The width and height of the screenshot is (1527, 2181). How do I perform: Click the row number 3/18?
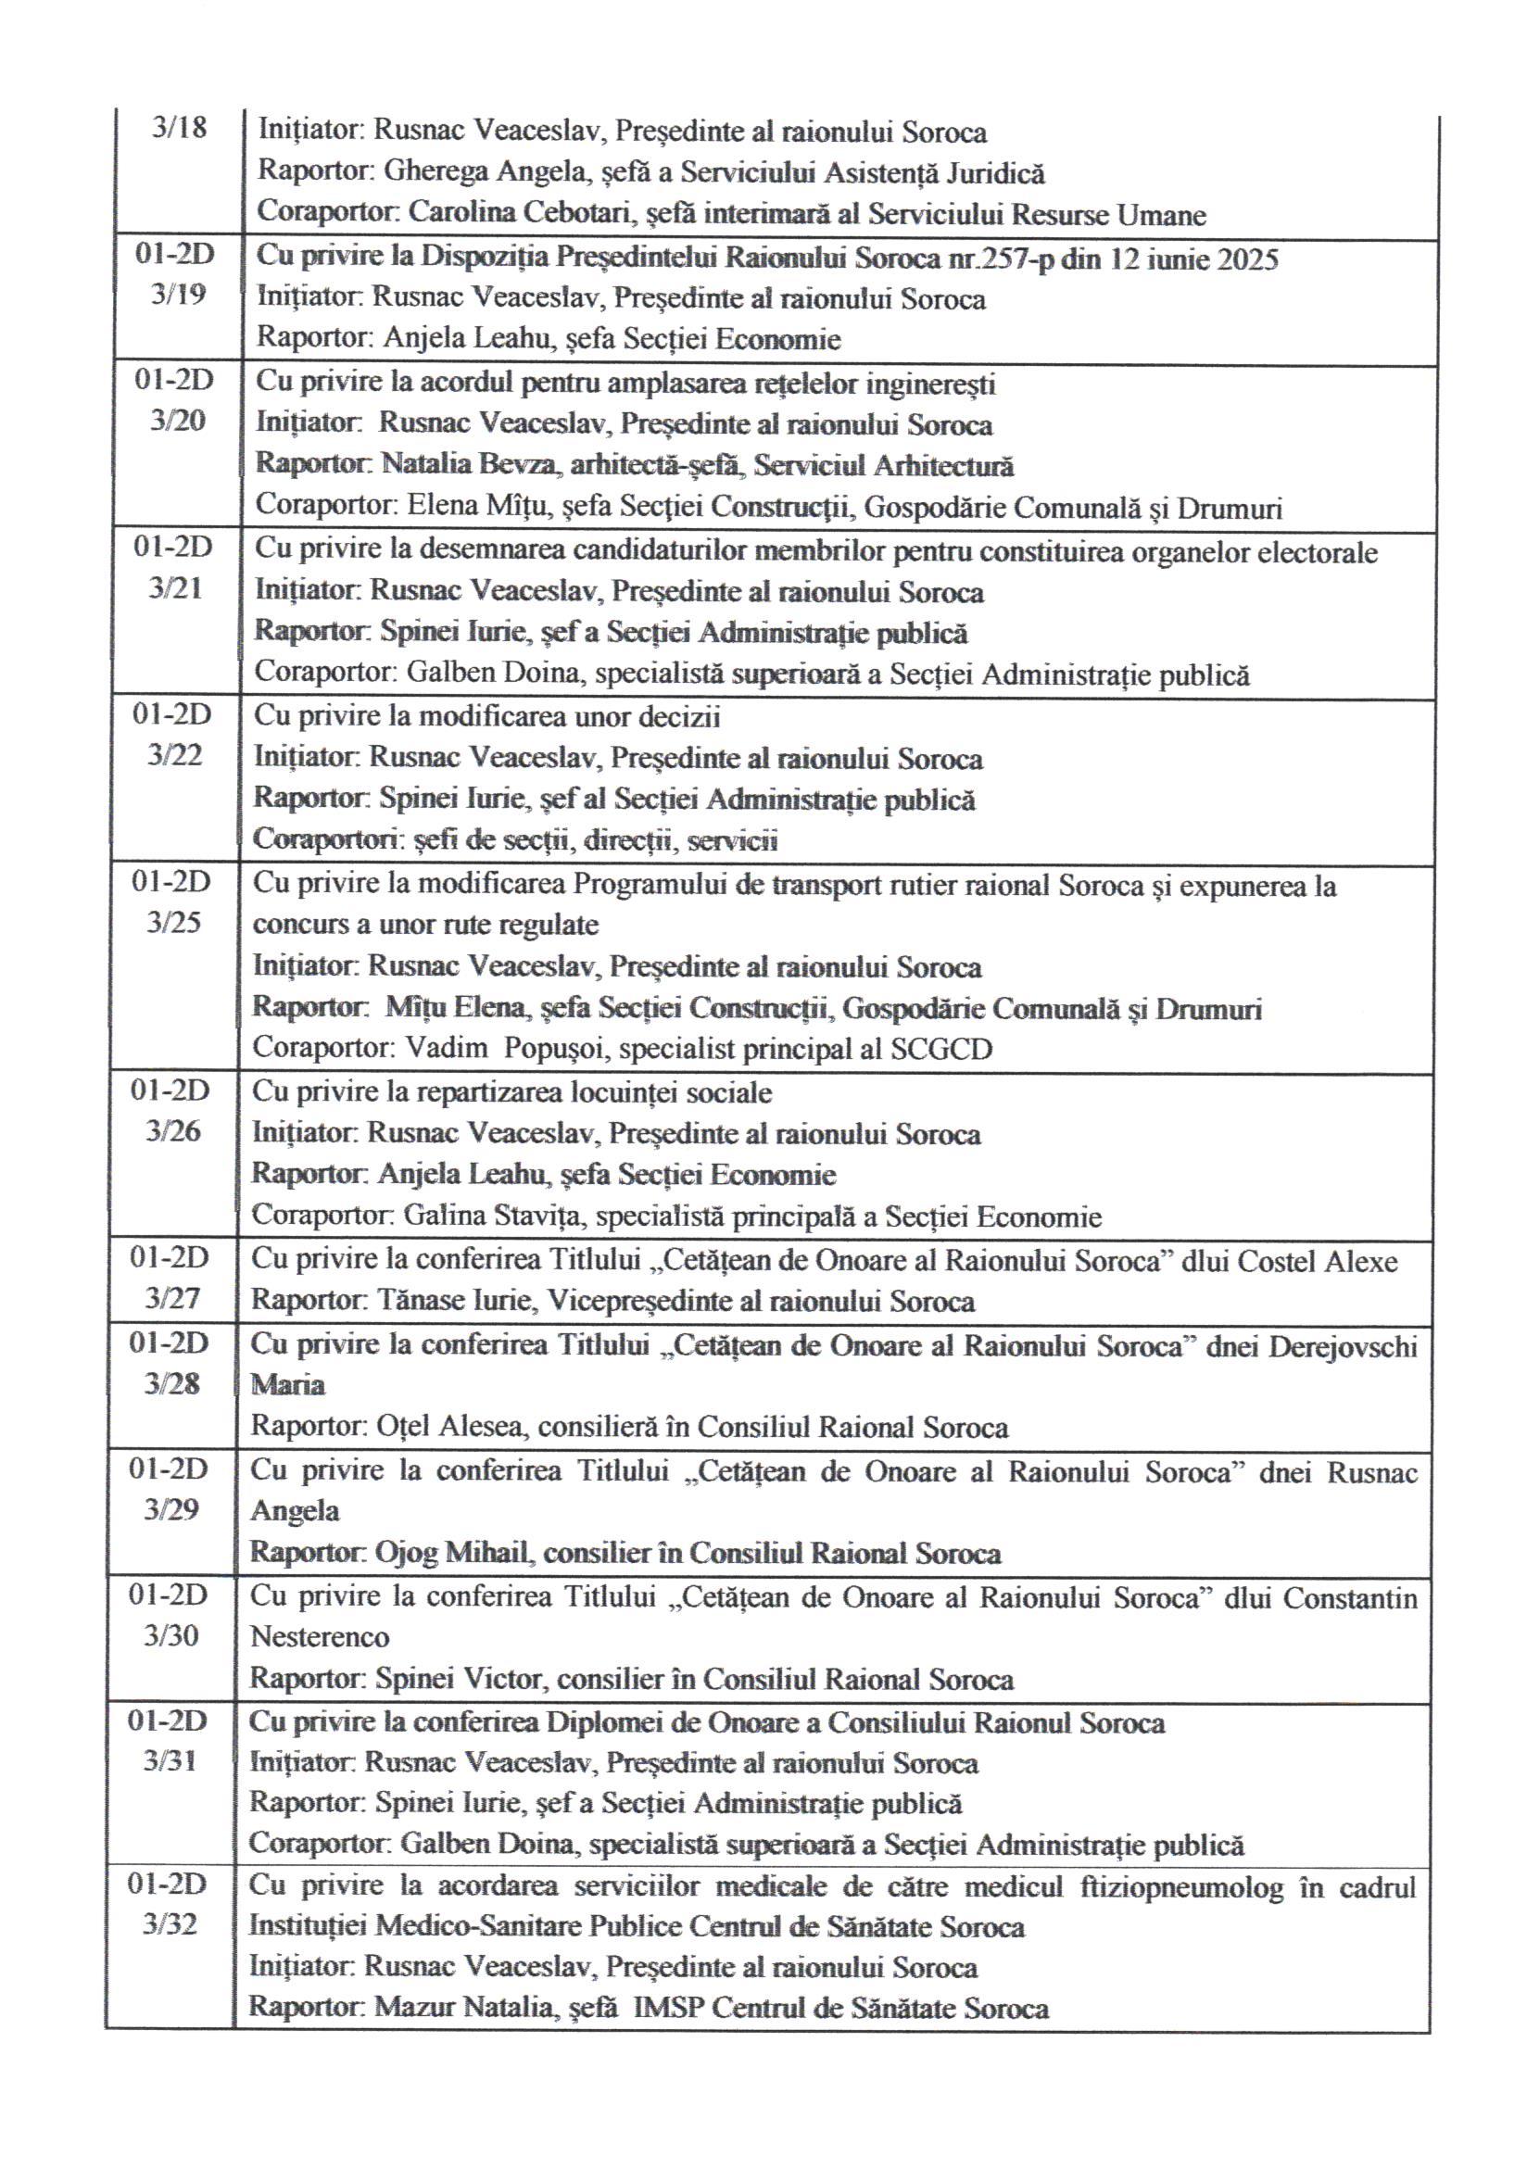179,127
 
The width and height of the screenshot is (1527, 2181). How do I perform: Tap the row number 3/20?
177,421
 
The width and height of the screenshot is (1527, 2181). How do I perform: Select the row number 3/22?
175,755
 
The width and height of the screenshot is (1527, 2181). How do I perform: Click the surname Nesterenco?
320,1638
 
